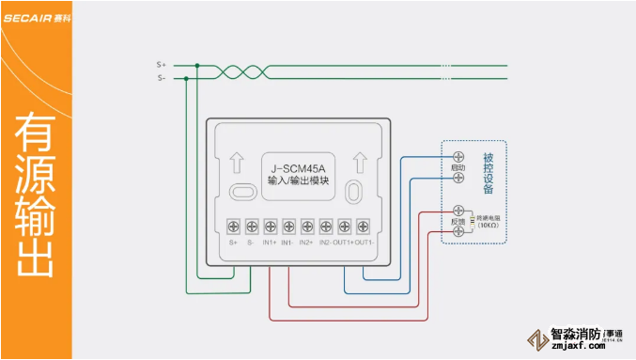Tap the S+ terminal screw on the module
(x=234, y=226)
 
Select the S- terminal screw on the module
(x=252, y=226)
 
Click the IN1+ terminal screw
(x=271, y=226)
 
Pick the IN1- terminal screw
(x=288, y=226)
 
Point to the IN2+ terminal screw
(x=307, y=226)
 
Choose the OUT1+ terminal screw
(x=344, y=226)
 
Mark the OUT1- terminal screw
(x=363, y=226)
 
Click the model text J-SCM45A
(x=298, y=168)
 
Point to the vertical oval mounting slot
(x=352, y=191)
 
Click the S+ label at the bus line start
(x=161, y=65)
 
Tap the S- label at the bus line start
(x=161, y=78)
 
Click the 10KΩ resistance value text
(x=489, y=226)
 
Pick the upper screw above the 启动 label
(x=458, y=155)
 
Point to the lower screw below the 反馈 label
(x=458, y=230)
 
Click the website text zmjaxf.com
(x=577, y=345)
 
